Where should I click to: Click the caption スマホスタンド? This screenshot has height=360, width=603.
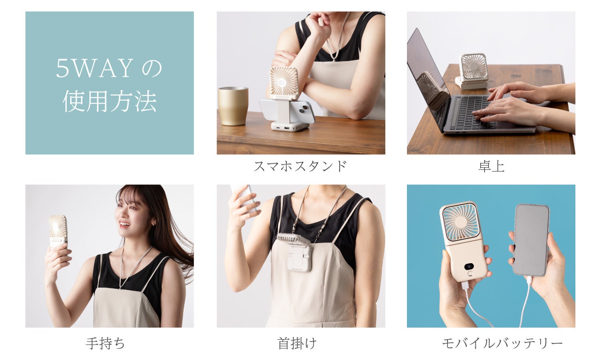(x=300, y=166)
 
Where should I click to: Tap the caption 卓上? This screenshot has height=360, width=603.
(x=491, y=166)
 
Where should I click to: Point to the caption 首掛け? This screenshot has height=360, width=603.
(x=297, y=343)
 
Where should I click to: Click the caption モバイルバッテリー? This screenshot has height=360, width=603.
(x=502, y=343)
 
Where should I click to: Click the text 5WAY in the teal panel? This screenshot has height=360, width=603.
(x=94, y=68)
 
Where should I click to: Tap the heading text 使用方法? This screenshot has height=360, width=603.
(x=110, y=102)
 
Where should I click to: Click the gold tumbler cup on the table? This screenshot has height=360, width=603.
(x=233, y=106)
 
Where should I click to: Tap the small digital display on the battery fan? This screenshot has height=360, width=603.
(x=470, y=267)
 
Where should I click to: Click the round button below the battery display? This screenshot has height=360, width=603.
(x=470, y=274)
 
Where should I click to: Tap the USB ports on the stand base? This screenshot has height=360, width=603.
(x=288, y=127)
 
